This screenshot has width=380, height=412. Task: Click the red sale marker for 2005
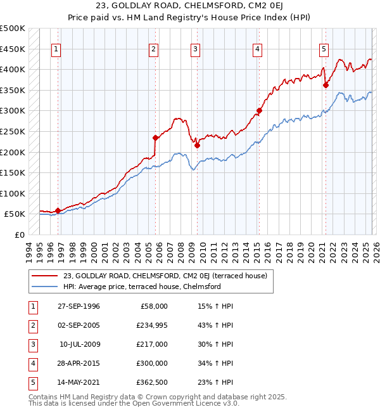[155, 137]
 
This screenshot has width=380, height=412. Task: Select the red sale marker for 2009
[197, 145]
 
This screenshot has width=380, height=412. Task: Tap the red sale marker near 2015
[259, 110]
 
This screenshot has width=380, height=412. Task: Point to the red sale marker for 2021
[326, 85]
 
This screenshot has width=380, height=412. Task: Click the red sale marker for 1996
[58, 210]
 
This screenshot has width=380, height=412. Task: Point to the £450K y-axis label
[13, 49]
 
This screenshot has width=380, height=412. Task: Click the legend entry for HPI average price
[142, 286]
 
